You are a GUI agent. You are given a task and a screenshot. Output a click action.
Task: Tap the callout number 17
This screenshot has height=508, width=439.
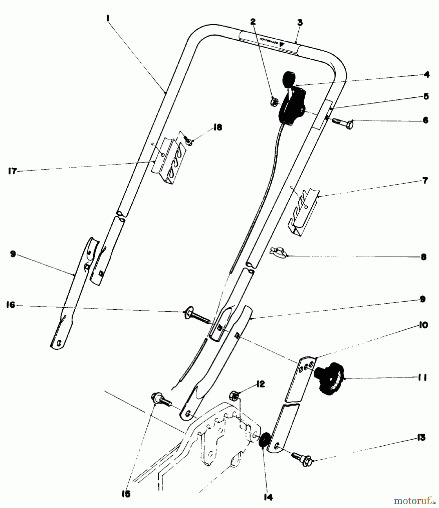pos(13,171)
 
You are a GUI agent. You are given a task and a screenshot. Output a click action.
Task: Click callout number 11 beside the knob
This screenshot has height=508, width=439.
pos(422,378)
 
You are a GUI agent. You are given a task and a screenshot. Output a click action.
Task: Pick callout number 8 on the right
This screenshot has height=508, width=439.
pos(424,257)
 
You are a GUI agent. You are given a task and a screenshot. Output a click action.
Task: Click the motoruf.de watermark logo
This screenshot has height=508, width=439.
pos(414,500)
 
